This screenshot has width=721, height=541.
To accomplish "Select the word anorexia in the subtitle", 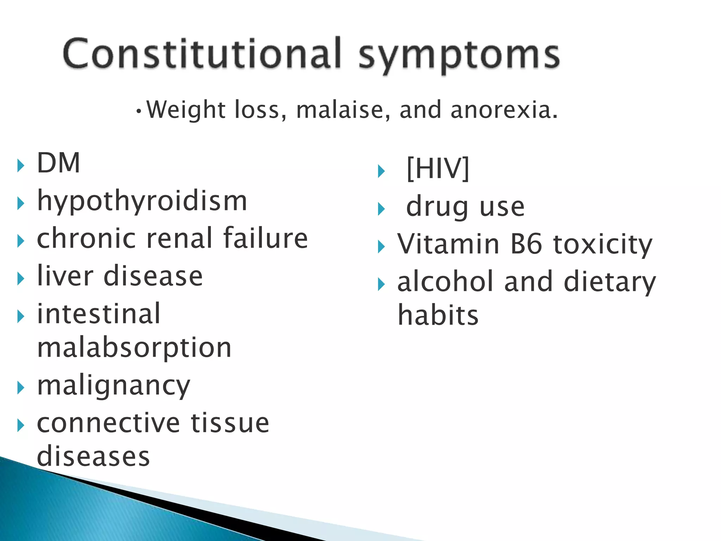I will click(503, 110).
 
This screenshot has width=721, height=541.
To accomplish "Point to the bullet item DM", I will click(58, 163).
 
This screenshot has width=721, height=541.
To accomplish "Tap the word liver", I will click(65, 276).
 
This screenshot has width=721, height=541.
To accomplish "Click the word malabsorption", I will click(134, 348).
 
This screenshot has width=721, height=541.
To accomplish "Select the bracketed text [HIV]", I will click(438, 169).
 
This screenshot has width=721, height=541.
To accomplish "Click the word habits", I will click(438, 315).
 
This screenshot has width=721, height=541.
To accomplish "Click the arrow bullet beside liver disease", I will click(21, 279).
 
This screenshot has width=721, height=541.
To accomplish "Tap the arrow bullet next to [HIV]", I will click(381, 172).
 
